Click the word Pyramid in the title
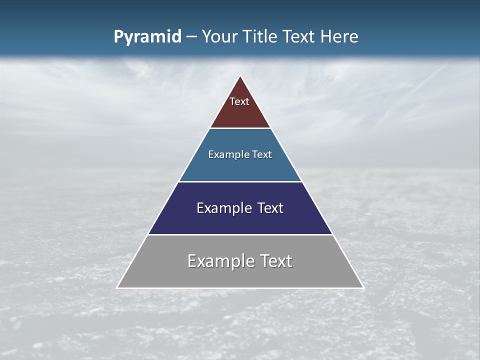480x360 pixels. point(147,37)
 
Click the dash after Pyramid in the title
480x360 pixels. point(191,37)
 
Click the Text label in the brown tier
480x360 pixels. point(239,101)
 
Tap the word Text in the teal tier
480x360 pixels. point(262,154)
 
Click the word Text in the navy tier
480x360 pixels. point(270,208)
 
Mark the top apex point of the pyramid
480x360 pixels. point(240,76)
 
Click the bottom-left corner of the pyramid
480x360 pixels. point(117,287)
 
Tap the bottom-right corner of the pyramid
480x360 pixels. point(363,287)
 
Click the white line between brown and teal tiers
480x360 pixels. point(240,128)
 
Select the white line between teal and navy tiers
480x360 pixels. point(240,181)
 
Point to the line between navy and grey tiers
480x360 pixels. point(240,234)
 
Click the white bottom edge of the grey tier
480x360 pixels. point(240,288)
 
